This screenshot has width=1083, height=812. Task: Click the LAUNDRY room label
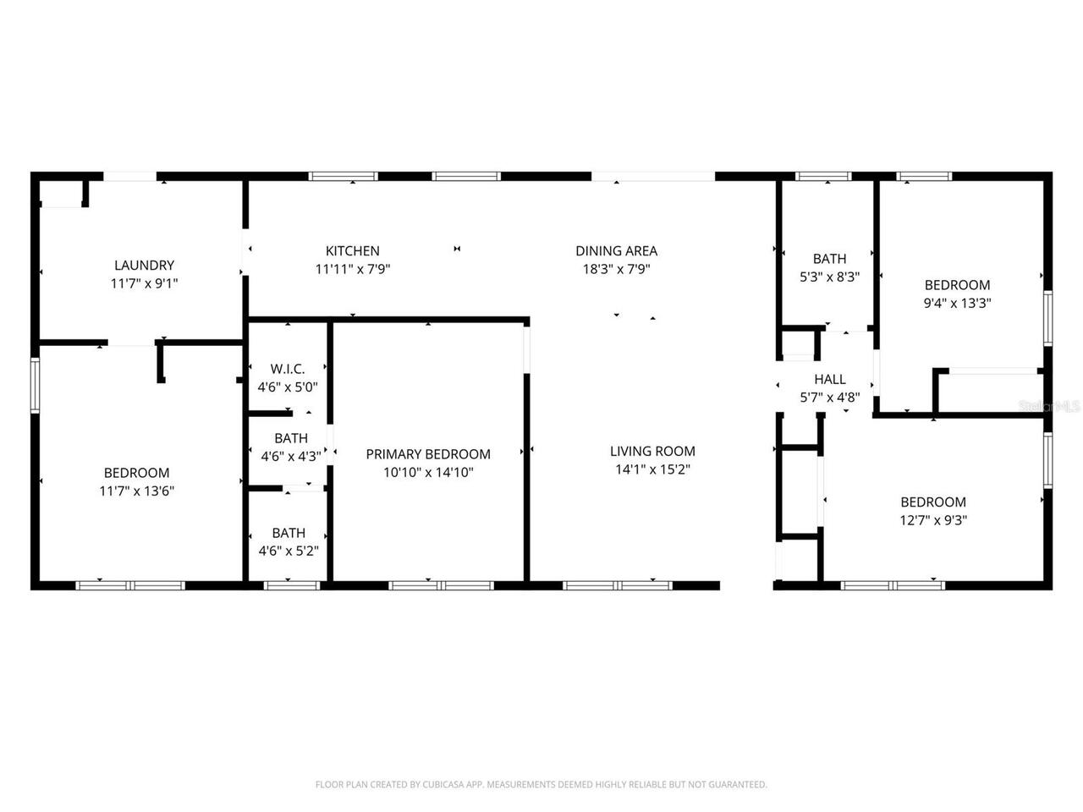point(144,265)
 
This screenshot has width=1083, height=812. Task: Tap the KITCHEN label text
point(353,250)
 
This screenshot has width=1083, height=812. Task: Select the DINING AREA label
point(616,250)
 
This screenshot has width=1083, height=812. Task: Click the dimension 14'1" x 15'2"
point(652,469)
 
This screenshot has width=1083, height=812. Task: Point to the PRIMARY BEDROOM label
point(428,454)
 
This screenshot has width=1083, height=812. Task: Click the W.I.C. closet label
point(288,369)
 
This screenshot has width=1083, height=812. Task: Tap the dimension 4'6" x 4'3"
point(290,456)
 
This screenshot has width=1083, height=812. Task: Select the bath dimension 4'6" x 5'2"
point(289,551)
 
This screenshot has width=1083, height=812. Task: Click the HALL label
point(829,379)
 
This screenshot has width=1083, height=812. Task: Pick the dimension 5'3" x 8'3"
point(829,276)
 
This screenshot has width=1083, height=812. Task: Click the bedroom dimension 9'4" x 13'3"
point(957,303)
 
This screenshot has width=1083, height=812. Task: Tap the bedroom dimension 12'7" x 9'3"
point(933,519)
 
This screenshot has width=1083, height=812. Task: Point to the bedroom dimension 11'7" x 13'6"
point(137,490)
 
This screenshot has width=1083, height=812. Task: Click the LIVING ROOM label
point(652,452)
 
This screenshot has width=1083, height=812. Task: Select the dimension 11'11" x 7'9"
point(353,269)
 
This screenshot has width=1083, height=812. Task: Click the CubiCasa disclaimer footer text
point(541,784)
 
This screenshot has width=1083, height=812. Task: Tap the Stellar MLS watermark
point(1050,406)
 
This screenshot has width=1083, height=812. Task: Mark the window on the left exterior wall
point(36,385)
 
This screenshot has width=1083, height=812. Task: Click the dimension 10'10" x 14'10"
point(428,472)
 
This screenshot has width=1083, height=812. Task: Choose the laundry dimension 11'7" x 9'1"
point(144,283)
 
